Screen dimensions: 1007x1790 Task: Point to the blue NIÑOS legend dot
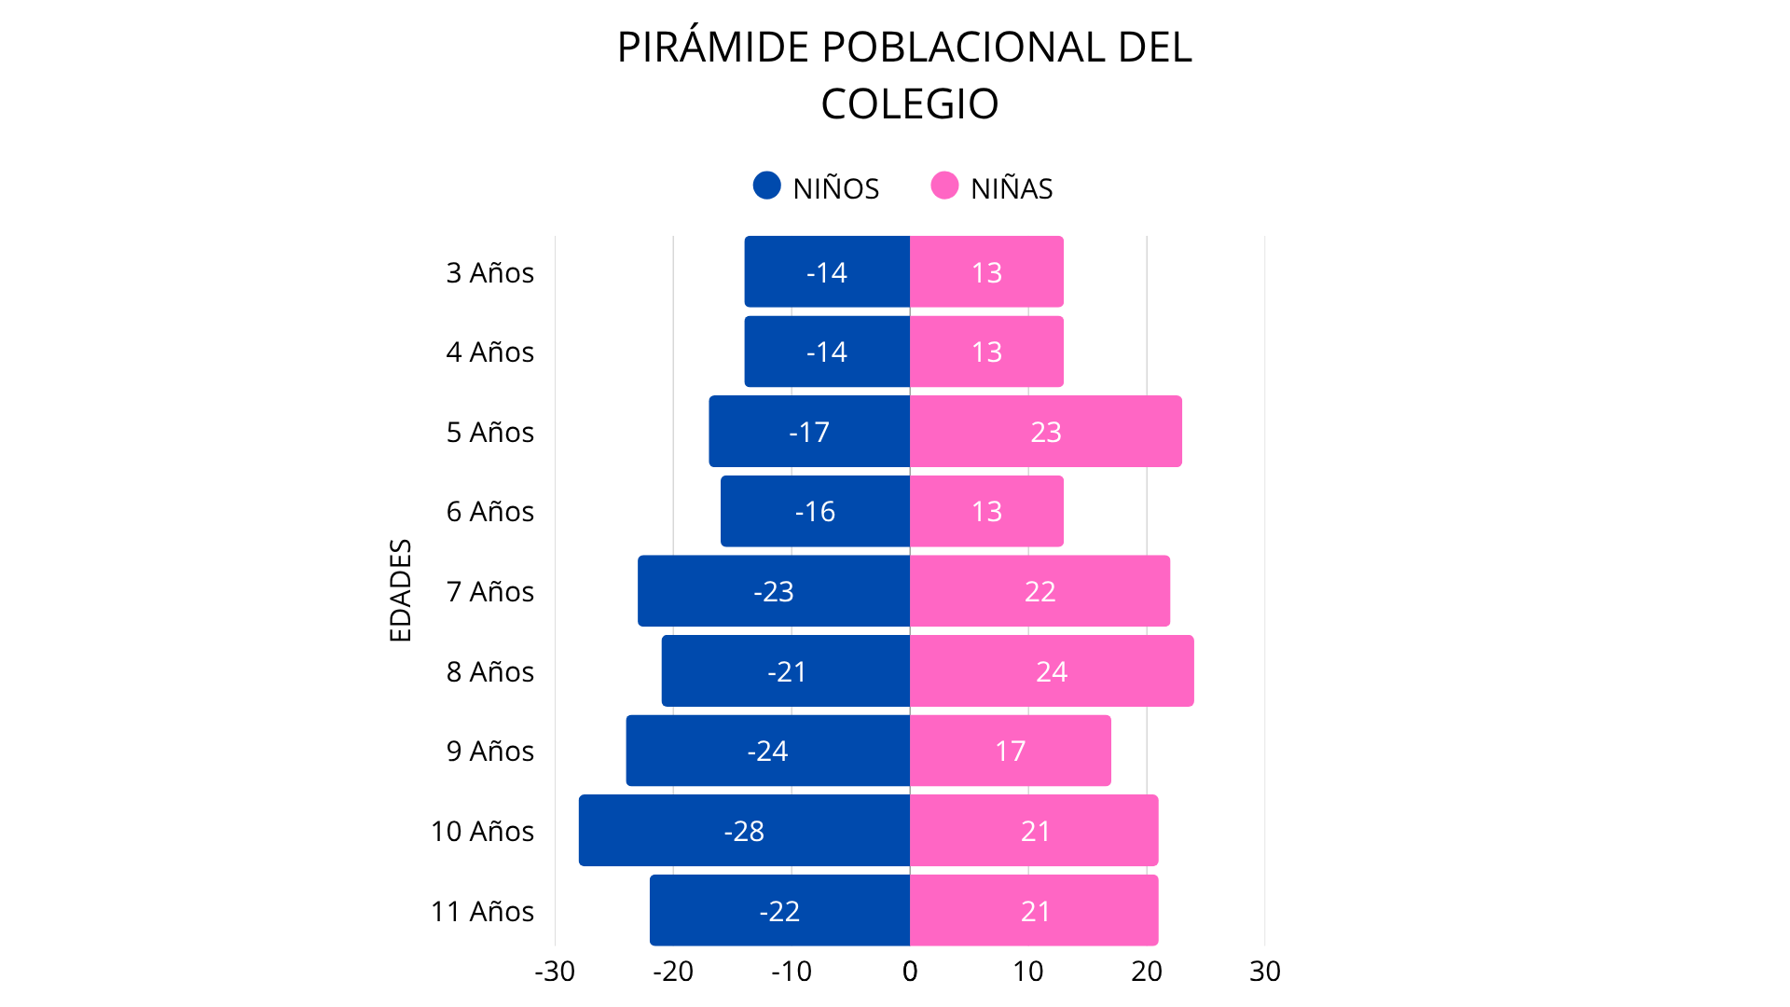coord(766,186)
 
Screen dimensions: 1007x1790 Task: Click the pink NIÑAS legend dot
coord(944,186)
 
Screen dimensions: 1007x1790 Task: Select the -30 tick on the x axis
coord(555,972)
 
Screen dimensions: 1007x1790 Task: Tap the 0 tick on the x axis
coord(910,972)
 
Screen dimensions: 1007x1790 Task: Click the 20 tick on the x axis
coord(1147,972)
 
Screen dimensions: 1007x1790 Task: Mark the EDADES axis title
coord(400,590)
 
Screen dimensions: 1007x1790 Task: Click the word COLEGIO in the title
coord(909,103)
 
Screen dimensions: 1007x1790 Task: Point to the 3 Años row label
coord(489,272)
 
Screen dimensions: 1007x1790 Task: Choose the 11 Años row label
coord(482,911)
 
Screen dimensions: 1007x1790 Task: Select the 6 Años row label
coord(489,511)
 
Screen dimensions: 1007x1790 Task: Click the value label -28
coord(744,831)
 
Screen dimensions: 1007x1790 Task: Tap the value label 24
coord(1052,671)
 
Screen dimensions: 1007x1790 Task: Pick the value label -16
coord(815,511)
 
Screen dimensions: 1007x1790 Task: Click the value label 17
coord(1010,751)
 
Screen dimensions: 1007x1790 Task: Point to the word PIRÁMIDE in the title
coord(713,48)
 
